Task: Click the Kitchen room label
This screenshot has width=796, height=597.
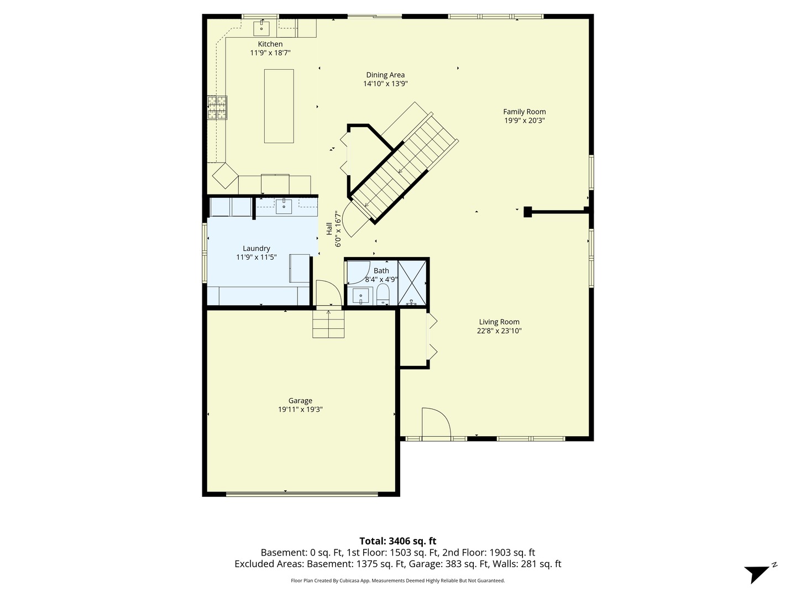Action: pos(270,44)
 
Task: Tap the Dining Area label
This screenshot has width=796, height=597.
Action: pos(385,75)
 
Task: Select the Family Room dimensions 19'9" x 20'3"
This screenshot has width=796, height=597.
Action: pos(524,121)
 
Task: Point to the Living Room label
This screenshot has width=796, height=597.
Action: pos(499,322)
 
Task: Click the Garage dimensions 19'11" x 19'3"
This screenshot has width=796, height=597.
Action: pos(300,410)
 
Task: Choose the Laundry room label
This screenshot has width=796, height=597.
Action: pos(256,249)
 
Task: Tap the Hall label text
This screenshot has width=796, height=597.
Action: pos(329,228)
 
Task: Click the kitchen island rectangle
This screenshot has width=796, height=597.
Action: pos(279,106)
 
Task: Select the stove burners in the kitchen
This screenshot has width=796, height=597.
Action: pos(217,108)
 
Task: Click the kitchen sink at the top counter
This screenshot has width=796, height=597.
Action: pos(261,27)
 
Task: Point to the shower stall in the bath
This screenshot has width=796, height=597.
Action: pos(412,282)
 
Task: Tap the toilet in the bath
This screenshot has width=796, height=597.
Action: pos(383,295)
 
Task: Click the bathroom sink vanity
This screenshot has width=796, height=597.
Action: pos(361,296)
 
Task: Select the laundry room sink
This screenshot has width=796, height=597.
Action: pos(284,206)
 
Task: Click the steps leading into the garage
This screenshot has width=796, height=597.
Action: pos(328,324)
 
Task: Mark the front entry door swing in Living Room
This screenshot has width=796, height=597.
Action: pos(436,423)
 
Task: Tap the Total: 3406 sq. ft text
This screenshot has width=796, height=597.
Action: pos(397,541)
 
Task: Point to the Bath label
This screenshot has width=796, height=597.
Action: pos(381,271)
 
